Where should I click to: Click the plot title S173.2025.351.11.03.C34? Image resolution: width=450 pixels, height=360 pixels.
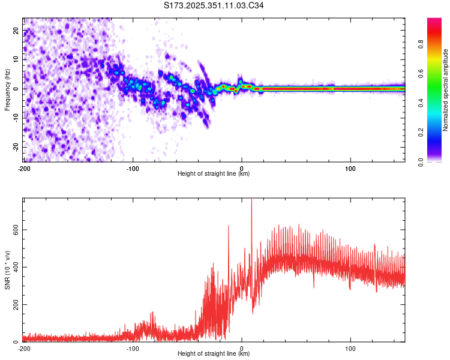tap(214, 5)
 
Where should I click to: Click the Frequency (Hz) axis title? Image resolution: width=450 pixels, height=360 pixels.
tap(7, 89)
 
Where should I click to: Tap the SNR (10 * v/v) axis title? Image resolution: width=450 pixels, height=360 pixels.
tap(7, 269)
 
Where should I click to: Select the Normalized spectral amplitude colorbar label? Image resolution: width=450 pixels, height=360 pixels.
tap(445, 89)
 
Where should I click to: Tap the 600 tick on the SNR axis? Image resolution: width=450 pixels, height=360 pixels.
tap(14, 230)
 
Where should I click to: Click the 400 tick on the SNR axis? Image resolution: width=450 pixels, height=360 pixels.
tap(14, 267)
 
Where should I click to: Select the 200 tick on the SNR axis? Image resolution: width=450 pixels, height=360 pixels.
tap(14, 304)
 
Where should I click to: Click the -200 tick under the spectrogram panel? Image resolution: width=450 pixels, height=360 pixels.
tap(24, 168)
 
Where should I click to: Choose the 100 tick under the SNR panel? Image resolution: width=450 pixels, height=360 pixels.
tap(350, 349)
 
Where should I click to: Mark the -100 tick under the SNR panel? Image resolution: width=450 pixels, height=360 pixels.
tap(133, 349)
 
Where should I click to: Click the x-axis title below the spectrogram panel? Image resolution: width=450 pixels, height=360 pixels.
tap(214, 174)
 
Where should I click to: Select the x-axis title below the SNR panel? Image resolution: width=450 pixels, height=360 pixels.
tap(214, 354)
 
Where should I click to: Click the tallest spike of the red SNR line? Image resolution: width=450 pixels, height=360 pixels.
tap(251, 200)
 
